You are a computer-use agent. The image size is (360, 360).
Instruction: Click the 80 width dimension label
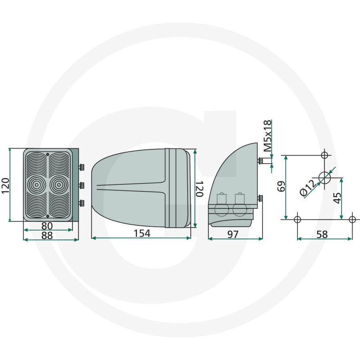tap(47, 226)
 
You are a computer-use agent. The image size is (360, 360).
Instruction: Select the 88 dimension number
tap(47, 235)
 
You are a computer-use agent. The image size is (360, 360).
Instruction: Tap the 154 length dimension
tap(142, 234)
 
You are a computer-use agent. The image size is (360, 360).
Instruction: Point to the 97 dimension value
tap(233, 234)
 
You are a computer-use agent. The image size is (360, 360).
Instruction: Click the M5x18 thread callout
tap(267, 136)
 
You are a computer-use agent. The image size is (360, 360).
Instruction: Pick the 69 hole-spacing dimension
tap(281, 186)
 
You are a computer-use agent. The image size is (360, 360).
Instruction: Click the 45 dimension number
tap(337, 198)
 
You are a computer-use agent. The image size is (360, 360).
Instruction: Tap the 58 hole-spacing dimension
tap(322, 234)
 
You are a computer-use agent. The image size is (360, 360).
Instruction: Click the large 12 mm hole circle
tap(324, 177)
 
